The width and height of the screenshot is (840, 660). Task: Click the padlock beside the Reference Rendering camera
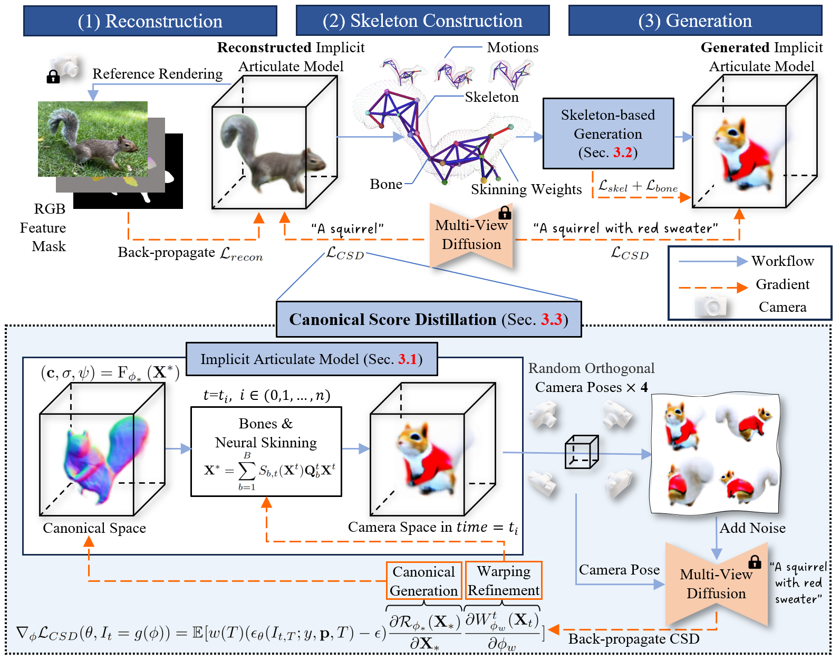coord(53,77)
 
